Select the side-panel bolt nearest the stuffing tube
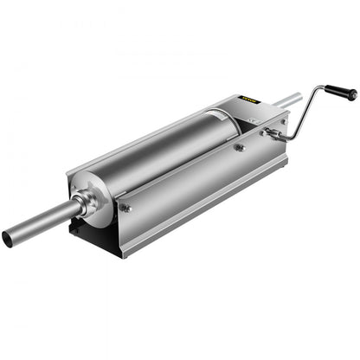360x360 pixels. [x=126, y=207]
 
